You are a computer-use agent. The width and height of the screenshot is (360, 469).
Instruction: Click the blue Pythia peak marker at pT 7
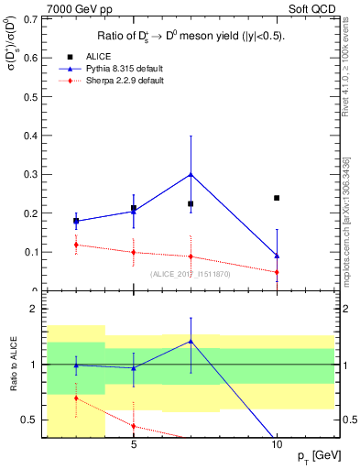(x=191, y=174)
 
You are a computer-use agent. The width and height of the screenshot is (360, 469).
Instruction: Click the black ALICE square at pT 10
(x=277, y=198)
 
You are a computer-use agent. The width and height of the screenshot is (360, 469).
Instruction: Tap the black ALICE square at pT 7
(x=191, y=203)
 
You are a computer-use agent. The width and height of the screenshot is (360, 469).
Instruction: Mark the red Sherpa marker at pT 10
(x=277, y=272)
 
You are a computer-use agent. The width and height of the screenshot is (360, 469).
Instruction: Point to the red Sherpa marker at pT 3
(x=76, y=245)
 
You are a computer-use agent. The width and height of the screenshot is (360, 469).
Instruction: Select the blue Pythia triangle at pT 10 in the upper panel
(x=277, y=256)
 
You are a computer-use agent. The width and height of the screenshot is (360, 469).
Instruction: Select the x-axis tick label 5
(x=134, y=444)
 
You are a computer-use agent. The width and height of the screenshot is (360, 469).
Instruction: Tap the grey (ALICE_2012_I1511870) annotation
(x=191, y=274)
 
